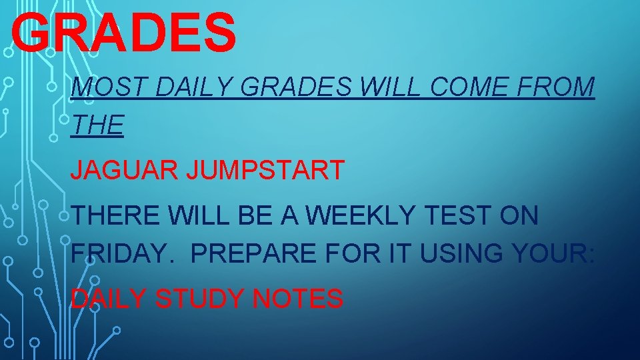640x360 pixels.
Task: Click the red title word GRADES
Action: point(124,33)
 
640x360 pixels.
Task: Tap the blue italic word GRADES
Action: point(297,87)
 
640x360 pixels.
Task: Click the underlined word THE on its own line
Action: point(97,125)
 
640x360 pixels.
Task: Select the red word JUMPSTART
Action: point(265,171)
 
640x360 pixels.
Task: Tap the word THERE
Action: point(117,216)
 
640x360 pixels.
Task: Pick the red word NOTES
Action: point(298,299)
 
